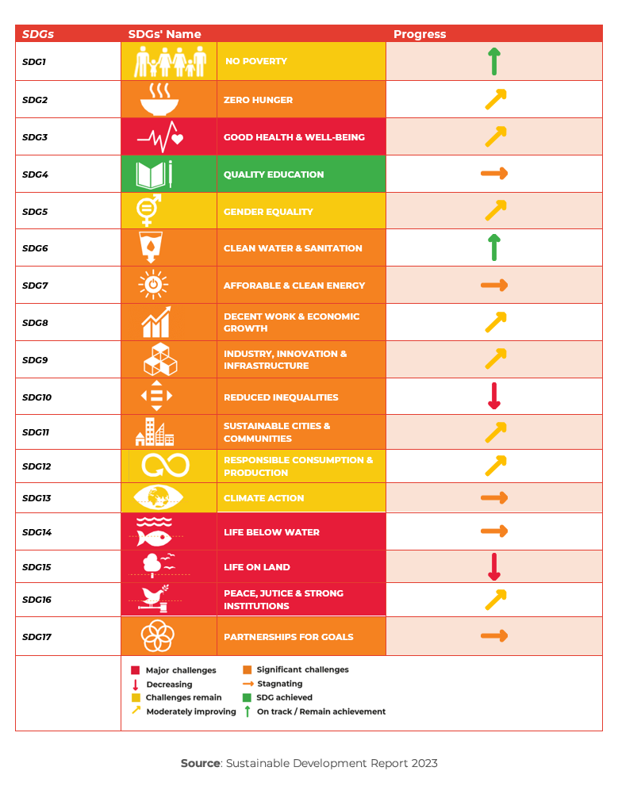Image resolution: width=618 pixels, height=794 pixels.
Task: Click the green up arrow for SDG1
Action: (494, 61)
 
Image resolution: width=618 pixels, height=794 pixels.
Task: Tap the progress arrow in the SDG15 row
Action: (494, 566)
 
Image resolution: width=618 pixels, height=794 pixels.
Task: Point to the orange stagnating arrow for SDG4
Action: (493, 174)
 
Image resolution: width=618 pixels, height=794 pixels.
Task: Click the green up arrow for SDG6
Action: (494, 247)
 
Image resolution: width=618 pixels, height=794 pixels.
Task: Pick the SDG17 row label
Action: (36, 637)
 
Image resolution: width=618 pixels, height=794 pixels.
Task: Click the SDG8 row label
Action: (35, 323)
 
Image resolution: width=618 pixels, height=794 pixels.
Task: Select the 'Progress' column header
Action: (420, 34)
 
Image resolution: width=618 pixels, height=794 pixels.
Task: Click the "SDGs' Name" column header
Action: (164, 34)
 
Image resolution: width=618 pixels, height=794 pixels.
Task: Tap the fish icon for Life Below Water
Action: (154, 538)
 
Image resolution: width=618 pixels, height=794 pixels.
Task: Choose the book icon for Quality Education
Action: (151, 175)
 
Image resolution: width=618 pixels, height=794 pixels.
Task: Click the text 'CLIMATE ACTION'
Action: (263, 498)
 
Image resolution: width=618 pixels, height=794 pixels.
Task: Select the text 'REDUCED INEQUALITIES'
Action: (281, 397)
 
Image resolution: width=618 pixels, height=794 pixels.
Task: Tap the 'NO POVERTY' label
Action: (256, 61)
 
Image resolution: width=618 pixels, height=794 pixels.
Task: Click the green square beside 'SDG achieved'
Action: (247, 697)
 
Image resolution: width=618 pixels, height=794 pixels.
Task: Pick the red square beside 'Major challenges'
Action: (136, 670)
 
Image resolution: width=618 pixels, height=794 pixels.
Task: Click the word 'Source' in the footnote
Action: (200, 763)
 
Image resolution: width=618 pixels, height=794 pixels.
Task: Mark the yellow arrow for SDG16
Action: (495, 600)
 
